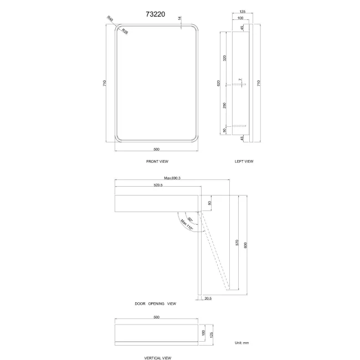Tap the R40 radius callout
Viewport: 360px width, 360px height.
[x=110, y=20]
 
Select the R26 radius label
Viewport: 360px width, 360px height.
[x=125, y=32]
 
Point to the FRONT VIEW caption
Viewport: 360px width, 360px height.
[x=157, y=161]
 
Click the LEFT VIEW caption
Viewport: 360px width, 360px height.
[x=244, y=161]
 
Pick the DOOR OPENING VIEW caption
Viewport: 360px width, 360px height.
[x=156, y=304]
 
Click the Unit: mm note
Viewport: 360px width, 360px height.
[x=243, y=343]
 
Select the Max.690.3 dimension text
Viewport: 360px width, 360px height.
[x=173, y=178]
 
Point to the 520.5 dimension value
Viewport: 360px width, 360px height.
[x=158, y=185]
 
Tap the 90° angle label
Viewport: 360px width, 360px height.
[x=190, y=220]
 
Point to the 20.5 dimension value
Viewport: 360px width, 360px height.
[x=208, y=298]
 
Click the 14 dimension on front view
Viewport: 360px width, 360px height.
[x=181, y=18]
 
